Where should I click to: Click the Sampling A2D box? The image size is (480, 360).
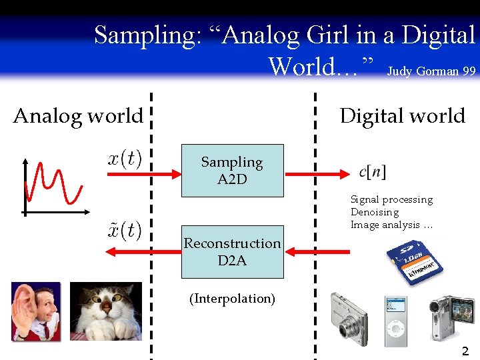(232, 171)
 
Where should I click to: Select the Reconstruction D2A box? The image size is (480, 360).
(232, 252)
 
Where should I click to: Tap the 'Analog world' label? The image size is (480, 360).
(78, 116)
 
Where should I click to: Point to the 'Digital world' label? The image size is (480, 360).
(402, 116)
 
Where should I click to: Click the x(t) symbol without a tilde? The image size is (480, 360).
(125, 160)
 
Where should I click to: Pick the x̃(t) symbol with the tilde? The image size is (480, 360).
(125, 230)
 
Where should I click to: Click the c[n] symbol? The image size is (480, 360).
(372, 171)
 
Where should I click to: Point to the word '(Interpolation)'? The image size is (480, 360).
(232, 299)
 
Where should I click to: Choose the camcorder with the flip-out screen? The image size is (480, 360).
(451, 317)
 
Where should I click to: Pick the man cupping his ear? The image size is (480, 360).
(36, 311)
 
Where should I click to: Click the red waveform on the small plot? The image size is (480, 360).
(53, 183)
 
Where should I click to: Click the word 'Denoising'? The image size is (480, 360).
(375, 212)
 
